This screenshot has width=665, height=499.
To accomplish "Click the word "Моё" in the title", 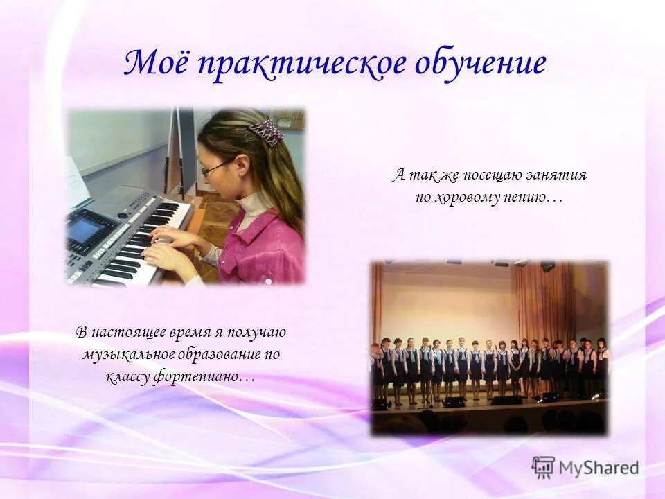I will tap(156, 64).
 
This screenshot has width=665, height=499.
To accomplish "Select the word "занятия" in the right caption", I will tap(558, 175).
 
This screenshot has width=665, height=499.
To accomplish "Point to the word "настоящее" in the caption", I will tap(125, 332).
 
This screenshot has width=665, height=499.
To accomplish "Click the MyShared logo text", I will tap(598, 467).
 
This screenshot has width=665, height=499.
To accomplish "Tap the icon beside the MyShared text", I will tap(543, 467).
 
